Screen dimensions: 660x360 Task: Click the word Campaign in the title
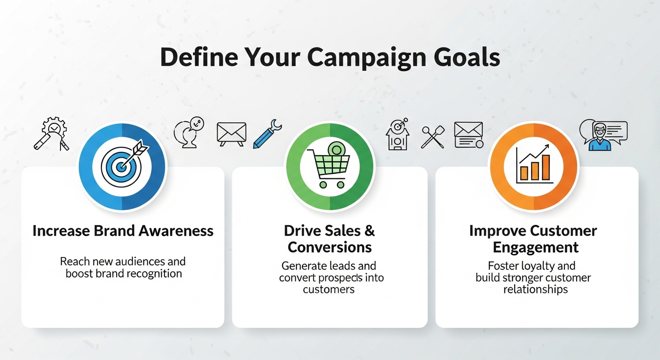367,58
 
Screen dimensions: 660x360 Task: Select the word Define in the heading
199,57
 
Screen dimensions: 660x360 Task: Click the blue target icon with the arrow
125,164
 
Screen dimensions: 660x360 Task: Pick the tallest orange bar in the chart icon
546,167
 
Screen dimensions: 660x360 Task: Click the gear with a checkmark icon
52,134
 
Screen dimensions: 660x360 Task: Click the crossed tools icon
433,137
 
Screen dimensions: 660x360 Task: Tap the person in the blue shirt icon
600,137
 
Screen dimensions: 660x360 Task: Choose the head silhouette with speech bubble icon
189,133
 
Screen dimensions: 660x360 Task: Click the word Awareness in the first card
176,231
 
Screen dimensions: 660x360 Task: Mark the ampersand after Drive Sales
369,231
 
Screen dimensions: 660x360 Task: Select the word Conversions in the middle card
330,247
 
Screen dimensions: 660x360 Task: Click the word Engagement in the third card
536,247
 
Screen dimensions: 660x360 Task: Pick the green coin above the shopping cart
336,150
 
